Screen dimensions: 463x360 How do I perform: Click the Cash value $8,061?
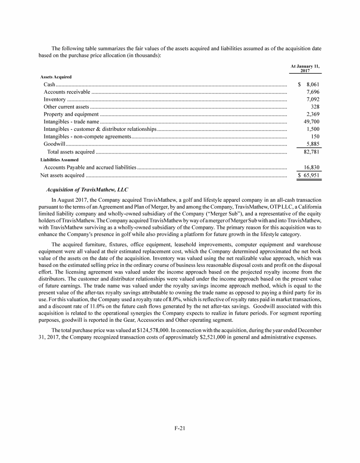[309, 84]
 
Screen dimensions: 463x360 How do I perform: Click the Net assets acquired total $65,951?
[309, 175]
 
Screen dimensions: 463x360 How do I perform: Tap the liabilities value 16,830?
[311, 167]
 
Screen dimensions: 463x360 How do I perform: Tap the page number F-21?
[180, 427]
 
